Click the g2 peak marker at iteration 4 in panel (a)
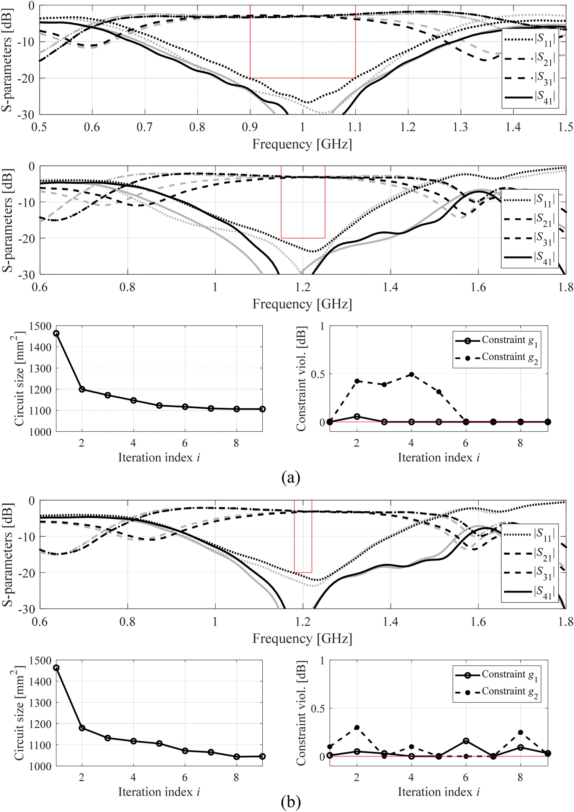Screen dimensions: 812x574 pos(412,374)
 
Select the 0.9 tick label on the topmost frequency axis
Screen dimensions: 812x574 pos(250,127)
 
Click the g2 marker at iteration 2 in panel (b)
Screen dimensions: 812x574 pos(357,727)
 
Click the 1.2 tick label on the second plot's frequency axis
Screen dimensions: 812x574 pos(303,287)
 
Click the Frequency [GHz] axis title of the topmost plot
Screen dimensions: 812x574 pos(302,144)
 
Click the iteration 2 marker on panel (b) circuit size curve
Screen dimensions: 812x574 pos(82,727)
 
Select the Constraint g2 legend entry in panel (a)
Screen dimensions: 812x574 pos(509,357)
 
